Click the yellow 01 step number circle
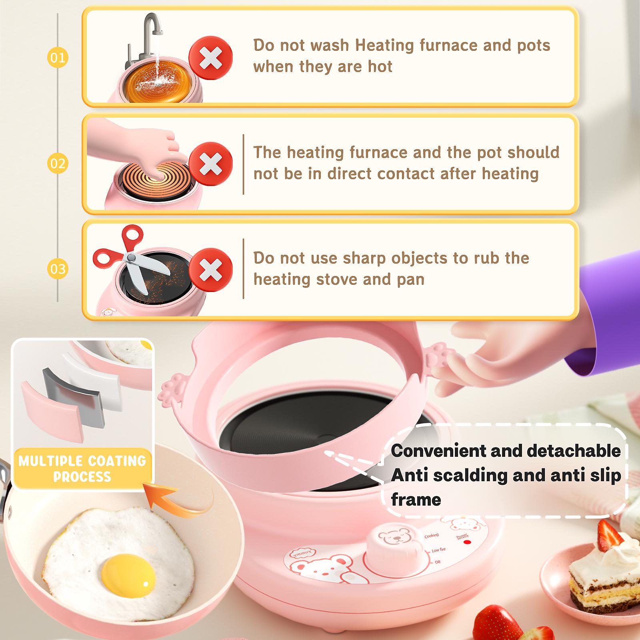58,58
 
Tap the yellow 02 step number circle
58,163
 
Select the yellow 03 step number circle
58,268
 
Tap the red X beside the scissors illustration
210,268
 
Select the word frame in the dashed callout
416,500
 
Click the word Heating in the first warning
384,45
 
